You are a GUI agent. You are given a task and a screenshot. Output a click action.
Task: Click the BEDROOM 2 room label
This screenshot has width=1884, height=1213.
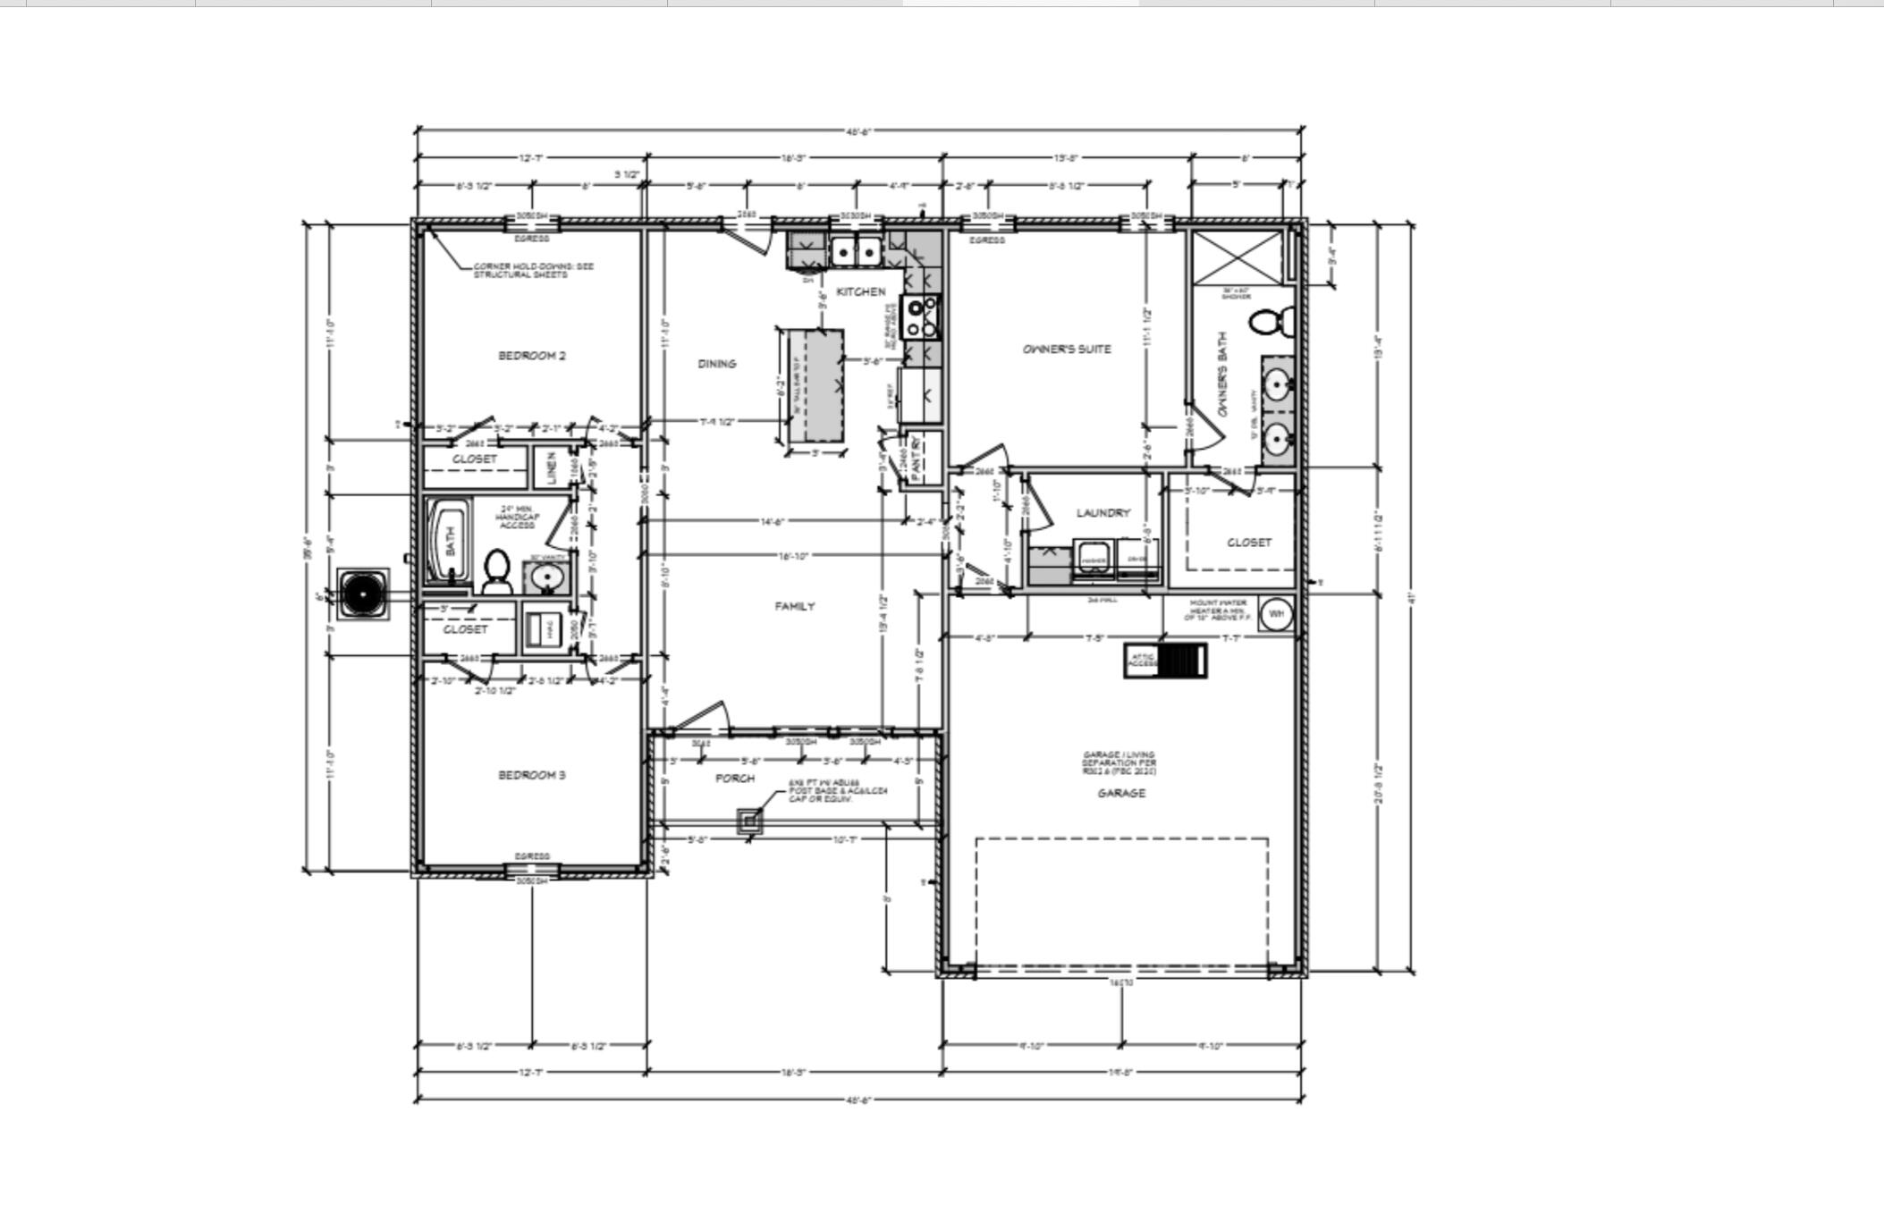pyautogui.click(x=531, y=356)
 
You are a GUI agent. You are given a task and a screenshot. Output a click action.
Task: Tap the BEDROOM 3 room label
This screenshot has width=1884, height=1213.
pyautogui.click(x=531, y=775)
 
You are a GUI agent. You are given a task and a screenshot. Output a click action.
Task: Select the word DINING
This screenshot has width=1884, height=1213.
pyautogui.click(x=716, y=364)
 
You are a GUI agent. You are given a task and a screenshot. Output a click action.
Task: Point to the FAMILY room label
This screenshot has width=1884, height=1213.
pyautogui.click(x=794, y=606)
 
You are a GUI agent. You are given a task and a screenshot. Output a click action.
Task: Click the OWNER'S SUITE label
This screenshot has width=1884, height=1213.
pyautogui.click(x=1066, y=350)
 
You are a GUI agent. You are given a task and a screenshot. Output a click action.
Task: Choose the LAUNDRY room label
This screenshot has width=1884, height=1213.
pyautogui.click(x=1103, y=513)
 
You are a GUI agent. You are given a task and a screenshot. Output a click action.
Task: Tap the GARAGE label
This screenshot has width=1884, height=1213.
pyautogui.click(x=1120, y=793)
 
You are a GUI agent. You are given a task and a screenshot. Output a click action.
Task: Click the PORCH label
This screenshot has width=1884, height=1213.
pyautogui.click(x=734, y=779)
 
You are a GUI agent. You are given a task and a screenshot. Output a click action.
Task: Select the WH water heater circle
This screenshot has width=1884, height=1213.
pyautogui.click(x=1276, y=614)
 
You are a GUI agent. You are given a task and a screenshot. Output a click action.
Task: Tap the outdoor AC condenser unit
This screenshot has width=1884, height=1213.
pyautogui.click(x=363, y=594)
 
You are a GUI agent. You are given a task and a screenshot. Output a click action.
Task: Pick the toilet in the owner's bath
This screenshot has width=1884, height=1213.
pyautogui.click(x=1272, y=322)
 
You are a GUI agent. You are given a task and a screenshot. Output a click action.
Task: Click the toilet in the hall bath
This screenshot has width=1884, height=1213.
pyautogui.click(x=496, y=572)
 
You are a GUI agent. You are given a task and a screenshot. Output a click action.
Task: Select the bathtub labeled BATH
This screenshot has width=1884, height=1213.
pyautogui.click(x=448, y=541)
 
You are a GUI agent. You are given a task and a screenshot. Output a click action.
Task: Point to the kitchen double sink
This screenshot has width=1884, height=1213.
pyautogui.click(x=856, y=252)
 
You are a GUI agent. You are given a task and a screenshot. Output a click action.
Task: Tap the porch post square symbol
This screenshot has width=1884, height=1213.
pyautogui.click(x=749, y=821)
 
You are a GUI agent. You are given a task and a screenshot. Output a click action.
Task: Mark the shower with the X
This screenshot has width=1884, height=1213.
pyautogui.click(x=1235, y=257)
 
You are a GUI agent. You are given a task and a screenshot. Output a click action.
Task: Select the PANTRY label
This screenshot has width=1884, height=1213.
pyautogui.click(x=918, y=459)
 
